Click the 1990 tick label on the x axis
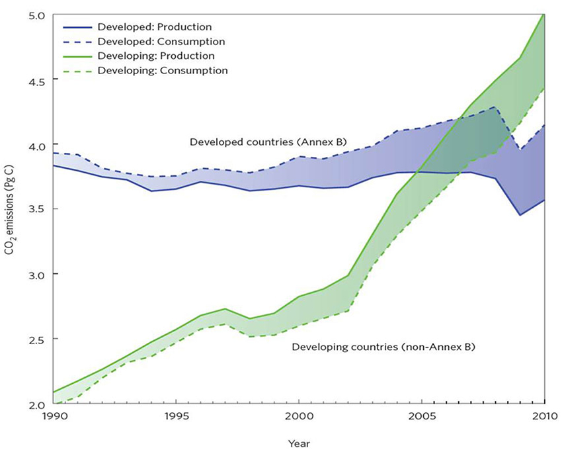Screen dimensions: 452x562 [54, 417]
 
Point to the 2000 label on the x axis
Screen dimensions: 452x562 [299, 417]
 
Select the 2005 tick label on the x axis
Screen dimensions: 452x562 [422, 417]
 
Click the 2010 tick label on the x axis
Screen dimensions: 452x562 [542, 417]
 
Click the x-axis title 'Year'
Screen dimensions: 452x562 [299, 443]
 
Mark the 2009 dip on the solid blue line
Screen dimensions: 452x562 [520, 215]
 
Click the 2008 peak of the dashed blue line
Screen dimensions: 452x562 [495, 107]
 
